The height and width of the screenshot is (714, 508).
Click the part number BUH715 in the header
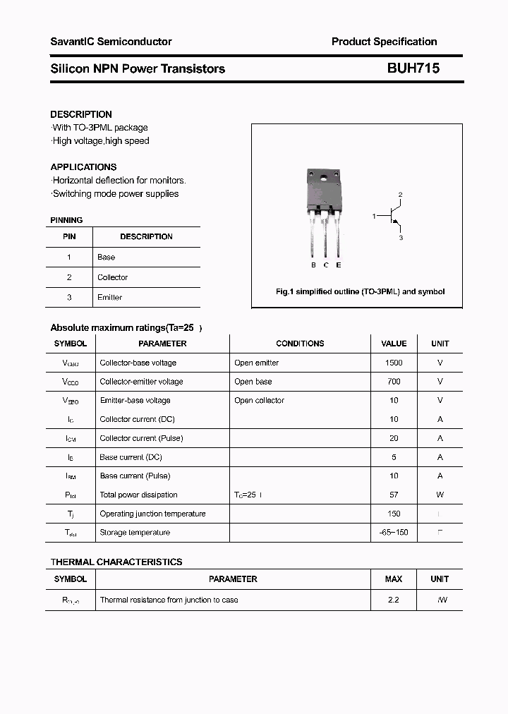click(413, 68)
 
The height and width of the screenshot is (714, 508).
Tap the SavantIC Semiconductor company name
click(111, 42)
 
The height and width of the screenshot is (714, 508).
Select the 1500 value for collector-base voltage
click(394, 363)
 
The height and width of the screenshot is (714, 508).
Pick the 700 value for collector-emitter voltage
click(394, 382)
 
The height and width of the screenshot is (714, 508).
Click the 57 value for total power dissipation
click(394, 495)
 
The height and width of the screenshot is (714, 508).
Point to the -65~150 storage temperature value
click(394, 533)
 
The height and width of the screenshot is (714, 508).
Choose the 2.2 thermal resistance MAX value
click(394, 600)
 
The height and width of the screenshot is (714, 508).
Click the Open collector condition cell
click(259, 401)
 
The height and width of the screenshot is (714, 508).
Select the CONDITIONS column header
click(300, 344)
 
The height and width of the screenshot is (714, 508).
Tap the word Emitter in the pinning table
click(109, 298)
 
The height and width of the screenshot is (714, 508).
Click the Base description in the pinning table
click(106, 258)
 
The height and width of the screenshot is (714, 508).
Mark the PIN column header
click(69, 237)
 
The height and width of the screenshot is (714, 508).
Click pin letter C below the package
click(326, 265)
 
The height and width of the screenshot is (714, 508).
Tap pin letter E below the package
click(339, 265)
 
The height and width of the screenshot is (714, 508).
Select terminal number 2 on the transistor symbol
click(400, 194)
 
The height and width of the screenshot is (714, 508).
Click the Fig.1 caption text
click(360, 291)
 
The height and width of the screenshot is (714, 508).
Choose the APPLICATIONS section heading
click(83, 167)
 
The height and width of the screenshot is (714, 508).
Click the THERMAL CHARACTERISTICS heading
click(116, 562)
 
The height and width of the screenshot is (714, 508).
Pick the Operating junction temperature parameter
click(152, 514)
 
